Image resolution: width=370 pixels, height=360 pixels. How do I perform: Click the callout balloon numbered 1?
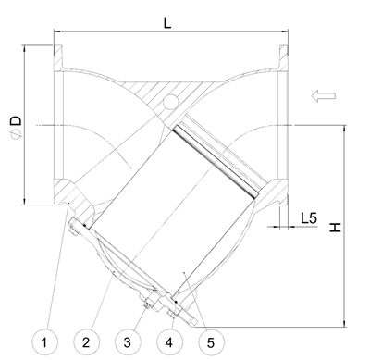[x=44, y=342]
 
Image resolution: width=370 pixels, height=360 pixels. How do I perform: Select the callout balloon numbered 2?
[x=86, y=342]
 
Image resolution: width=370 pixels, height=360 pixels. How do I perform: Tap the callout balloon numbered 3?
[x=128, y=342]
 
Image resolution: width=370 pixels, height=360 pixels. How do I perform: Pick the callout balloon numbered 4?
[x=169, y=342]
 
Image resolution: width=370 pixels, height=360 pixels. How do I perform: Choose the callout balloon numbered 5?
[x=211, y=342]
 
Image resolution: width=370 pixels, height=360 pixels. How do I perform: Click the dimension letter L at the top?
[x=167, y=22]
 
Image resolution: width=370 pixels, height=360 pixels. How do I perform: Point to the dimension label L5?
[x=309, y=218]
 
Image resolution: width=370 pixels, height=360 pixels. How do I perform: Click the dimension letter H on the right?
[x=336, y=228]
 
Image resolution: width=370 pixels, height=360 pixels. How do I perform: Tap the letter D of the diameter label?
[x=16, y=120]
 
